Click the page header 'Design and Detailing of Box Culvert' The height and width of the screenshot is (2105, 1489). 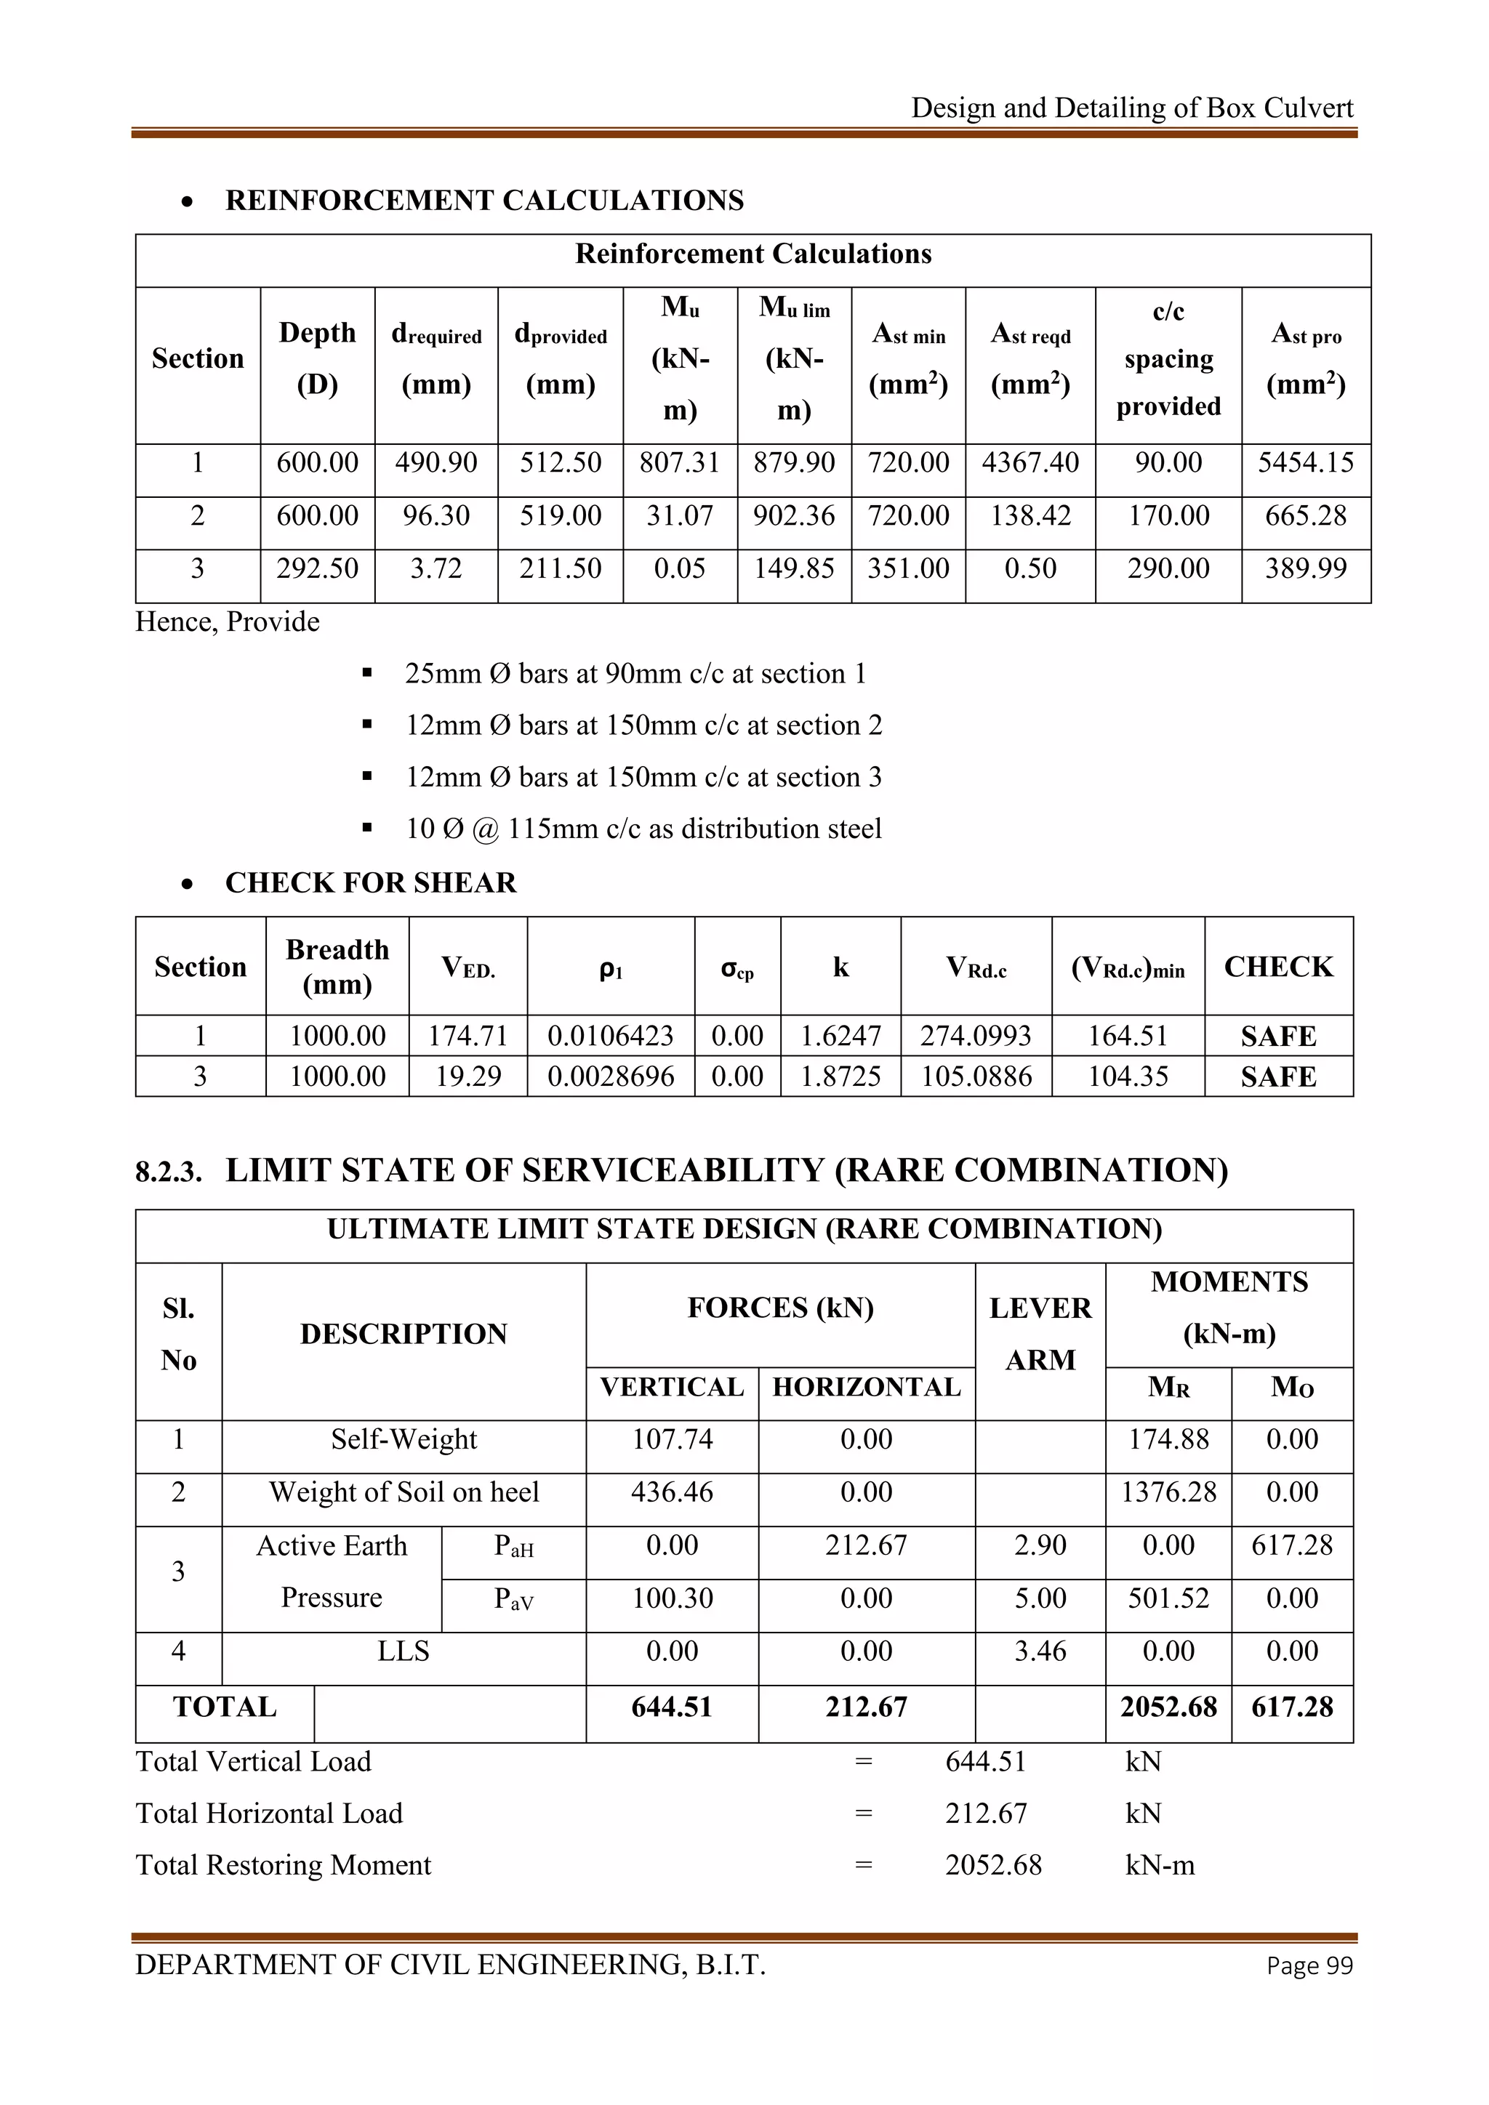click(1131, 108)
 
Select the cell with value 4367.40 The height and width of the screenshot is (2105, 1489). click(1030, 462)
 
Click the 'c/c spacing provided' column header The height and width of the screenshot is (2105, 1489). click(1168, 358)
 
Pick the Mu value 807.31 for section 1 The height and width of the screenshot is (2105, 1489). click(679, 462)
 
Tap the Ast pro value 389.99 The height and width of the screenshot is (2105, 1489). click(1306, 568)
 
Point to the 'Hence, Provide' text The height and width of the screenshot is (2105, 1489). click(228, 621)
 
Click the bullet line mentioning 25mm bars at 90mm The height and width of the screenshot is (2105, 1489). click(635, 674)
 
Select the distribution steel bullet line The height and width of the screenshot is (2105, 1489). click(643, 829)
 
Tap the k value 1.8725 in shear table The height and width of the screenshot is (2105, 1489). click(840, 1076)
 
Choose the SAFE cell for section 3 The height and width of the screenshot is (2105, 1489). click(1278, 1076)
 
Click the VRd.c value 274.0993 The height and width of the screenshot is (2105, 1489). click(976, 1036)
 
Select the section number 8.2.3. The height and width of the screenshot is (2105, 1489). click(169, 1172)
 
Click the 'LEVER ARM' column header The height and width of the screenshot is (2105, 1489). click(1040, 1334)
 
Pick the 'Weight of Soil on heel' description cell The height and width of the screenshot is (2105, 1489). click(404, 1492)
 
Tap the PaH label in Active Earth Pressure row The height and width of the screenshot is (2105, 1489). click(513, 1547)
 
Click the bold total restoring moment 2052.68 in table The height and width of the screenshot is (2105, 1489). click(1168, 1707)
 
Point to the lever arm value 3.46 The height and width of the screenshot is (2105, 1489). click(1040, 1651)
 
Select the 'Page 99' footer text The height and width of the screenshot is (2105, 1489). click(1309, 1965)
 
